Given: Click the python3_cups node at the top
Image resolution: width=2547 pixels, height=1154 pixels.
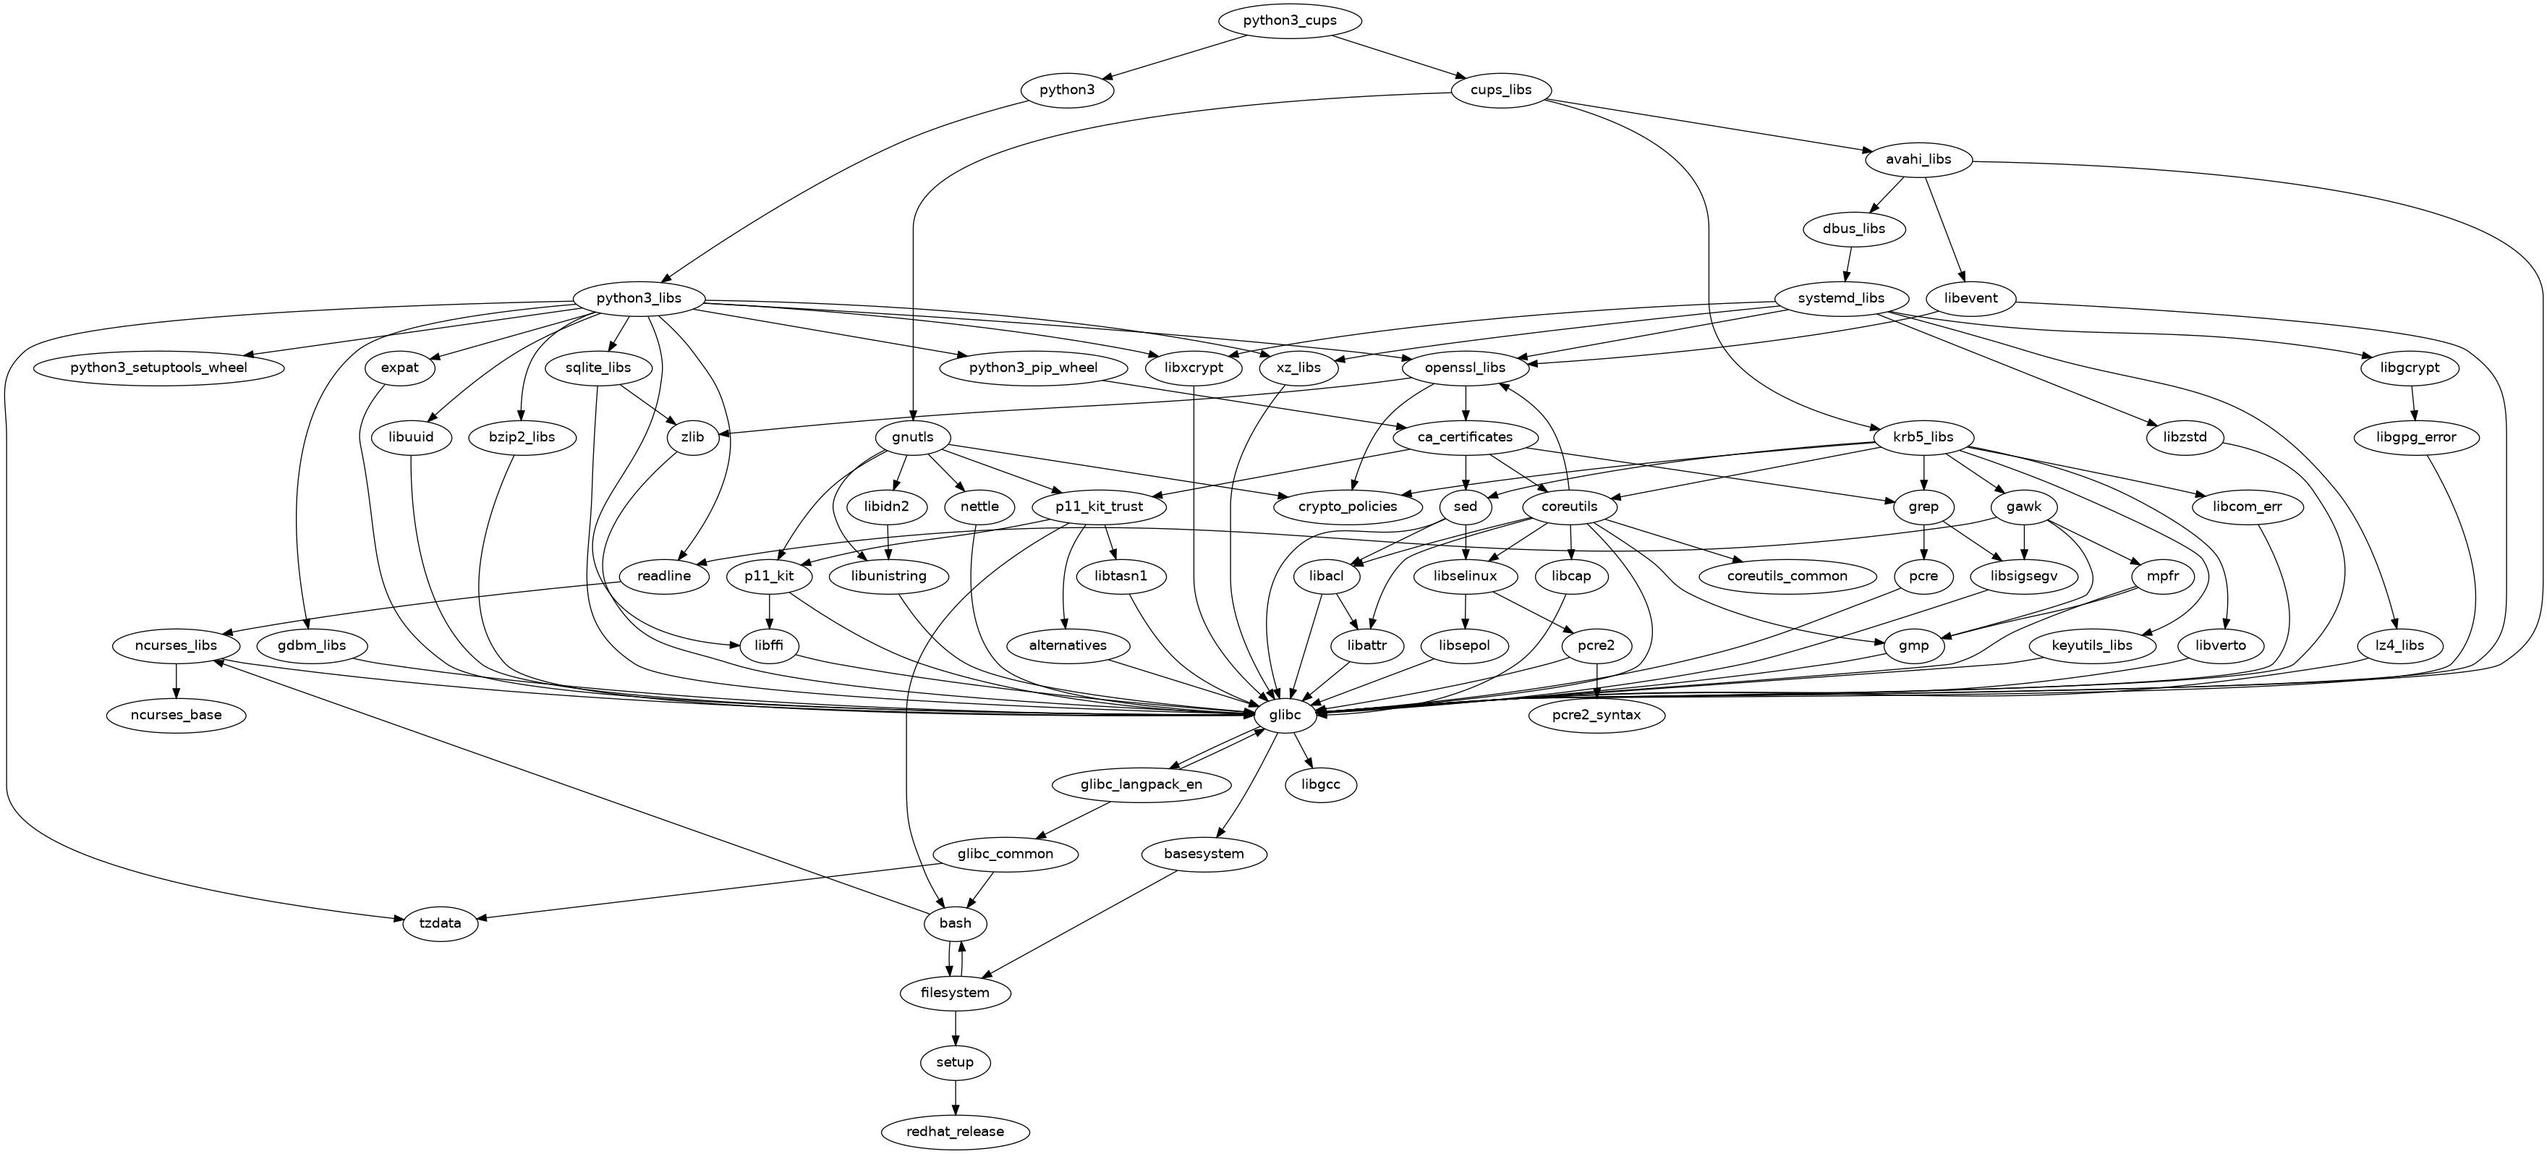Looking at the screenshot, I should [x=1290, y=21].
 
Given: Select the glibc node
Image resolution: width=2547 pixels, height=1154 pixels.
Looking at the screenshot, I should [x=1285, y=714].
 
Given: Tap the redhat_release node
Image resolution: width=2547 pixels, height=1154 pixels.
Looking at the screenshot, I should [x=954, y=1132].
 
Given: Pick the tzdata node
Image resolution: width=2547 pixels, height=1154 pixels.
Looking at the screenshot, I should [x=441, y=924].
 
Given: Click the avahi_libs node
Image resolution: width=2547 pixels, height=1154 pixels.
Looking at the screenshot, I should [x=1917, y=159].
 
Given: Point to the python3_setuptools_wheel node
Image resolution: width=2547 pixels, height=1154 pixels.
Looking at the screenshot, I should [x=159, y=368].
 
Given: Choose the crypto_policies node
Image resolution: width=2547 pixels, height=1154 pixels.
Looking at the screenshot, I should [x=1348, y=506].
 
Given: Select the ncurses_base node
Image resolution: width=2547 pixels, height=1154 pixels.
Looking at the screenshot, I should [x=176, y=714].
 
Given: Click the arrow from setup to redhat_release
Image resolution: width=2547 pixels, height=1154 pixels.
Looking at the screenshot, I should [x=954, y=1097].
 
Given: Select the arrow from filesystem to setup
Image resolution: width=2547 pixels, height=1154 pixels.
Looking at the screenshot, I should [x=954, y=1027].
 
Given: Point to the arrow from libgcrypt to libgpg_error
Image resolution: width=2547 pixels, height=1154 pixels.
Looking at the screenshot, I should [x=2415, y=402].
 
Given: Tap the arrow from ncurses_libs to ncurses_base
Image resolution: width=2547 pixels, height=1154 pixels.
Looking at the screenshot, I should [x=176, y=679].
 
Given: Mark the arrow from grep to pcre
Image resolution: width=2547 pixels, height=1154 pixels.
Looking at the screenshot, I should [x=1923, y=541].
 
